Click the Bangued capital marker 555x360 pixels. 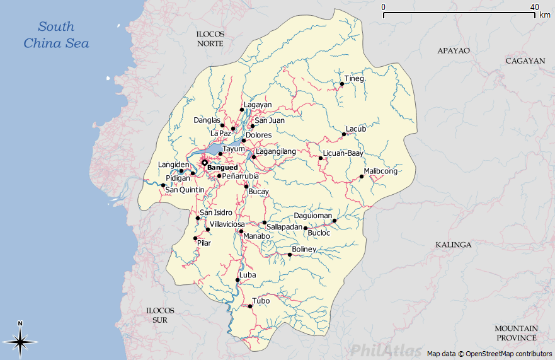(x=204, y=163)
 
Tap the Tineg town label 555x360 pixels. (x=354, y=79)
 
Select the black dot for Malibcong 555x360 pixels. (x=362, y=177)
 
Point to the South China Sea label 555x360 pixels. (x=56, y=35)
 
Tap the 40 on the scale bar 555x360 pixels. (x=534, y=7)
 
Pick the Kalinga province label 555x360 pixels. (x=453, y=245)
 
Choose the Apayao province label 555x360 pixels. (x=454, y=50)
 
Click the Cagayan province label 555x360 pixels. (x=525, y=61)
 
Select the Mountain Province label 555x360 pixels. (x=516, y=333)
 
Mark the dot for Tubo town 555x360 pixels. (x=250, y=306)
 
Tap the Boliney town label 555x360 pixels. (x=304, y=250)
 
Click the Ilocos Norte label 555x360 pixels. (x=210, y=38)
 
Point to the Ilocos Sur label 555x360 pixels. (x=160, y=315)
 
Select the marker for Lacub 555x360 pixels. (x=344, y=134)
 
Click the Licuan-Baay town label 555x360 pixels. (x=343, y=153)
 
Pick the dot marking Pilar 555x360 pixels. (x=195, y=238)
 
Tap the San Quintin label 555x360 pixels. (x=185, y=190)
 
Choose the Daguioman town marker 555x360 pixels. (x=335, y=221)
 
